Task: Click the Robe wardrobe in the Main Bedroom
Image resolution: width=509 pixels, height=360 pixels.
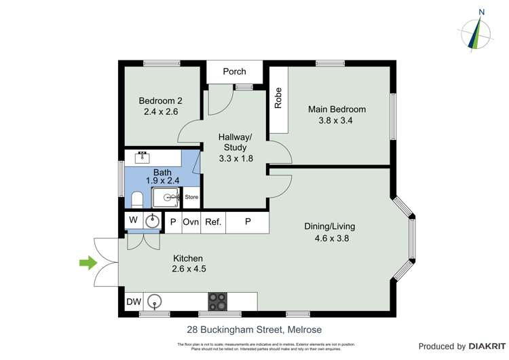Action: click(278, 100)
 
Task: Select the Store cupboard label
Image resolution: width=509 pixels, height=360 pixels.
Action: click(192, 198)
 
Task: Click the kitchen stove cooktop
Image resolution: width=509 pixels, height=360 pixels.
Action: click(218, 301)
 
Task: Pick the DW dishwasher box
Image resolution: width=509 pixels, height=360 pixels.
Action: click(134, 301)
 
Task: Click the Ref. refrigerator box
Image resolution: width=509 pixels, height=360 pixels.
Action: click(213, 221)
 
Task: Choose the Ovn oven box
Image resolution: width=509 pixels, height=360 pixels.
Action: click(191, 221)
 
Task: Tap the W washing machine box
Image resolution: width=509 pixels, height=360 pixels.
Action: click(133, 220)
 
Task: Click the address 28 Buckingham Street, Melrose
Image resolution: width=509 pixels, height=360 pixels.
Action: click(254, 329)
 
